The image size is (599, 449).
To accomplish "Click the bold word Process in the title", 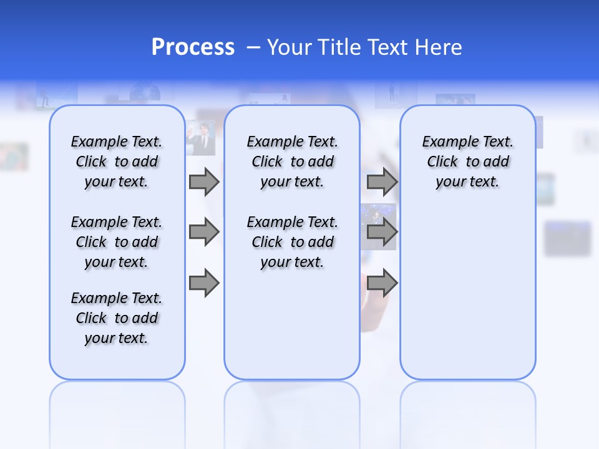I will point(193,47).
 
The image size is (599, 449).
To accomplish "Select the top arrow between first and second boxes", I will point(204,182).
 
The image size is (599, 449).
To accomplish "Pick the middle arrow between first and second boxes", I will point(204,233).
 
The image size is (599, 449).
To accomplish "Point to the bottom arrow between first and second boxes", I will point(204,282).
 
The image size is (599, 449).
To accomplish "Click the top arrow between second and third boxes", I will point(382,182).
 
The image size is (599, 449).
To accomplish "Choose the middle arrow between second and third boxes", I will point(382,233).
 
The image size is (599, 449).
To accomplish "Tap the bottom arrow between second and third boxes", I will point(382,282).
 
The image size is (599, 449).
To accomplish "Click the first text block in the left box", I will point(117,162).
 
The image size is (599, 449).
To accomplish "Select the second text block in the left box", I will point(117,242).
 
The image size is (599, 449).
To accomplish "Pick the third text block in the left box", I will point(117,318).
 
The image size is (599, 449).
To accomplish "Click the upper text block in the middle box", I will point(293,162).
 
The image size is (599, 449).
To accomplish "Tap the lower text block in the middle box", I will point(293,242).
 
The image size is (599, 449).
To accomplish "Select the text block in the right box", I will point(468,162).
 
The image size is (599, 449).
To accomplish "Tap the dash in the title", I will point(253,47).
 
